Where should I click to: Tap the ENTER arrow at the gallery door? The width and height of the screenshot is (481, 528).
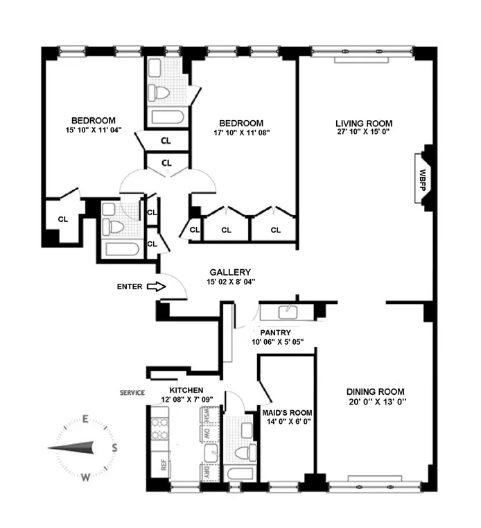tap(156, 286)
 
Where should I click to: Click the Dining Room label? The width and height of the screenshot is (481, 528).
tap(368, 391)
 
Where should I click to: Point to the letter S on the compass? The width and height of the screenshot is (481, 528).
tap(114, 448)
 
